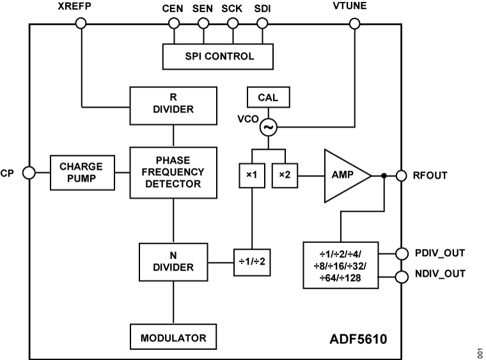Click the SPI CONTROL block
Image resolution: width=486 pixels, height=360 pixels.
[218, 56]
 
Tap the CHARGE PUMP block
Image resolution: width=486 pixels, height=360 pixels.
[81, 172]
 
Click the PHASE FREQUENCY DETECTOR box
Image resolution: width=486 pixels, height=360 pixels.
[173, 172]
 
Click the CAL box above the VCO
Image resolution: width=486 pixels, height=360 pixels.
[267, 98]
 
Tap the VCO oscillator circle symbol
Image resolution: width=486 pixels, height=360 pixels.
[268, 128]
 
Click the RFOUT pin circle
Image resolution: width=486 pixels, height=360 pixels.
[402, 175]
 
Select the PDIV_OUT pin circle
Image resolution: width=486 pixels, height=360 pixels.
[402, 253]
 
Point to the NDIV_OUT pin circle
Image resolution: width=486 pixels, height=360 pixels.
[402, 276]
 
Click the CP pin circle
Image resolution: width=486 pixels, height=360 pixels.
[29, 173]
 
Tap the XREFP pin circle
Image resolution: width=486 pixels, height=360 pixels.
[81, 24]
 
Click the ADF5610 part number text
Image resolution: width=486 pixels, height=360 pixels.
[357, 340]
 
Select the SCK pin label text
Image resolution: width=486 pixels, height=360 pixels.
[232, 9]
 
